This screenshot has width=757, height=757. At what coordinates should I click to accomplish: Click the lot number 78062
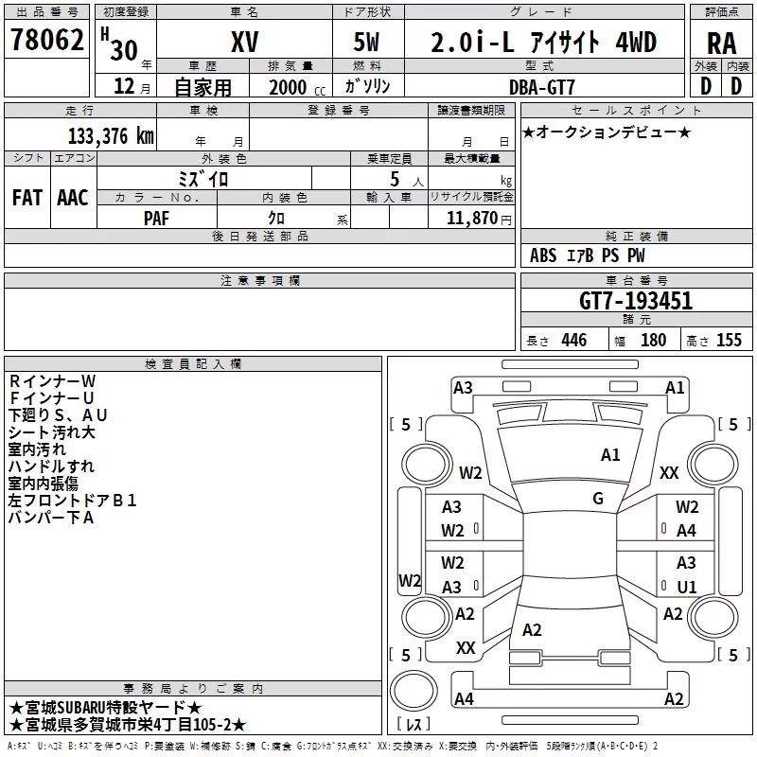pos(46,39)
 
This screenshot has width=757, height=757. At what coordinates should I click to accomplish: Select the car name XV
pos(245,42)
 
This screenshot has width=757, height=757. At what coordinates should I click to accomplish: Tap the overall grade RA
pos(722,44)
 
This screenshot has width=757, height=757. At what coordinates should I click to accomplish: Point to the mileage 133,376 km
pos(111,136)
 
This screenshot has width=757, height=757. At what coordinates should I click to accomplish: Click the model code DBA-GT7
pos(542,87)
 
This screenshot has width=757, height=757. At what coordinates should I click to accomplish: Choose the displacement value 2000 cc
pos(297,88)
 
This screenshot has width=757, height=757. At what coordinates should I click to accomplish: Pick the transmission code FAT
pos(27,198)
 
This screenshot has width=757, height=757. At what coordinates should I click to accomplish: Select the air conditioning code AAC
pos(73,198)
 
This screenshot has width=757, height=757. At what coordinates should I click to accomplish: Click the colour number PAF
pos(156,219)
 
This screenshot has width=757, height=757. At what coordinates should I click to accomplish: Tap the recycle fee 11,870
pos(472,219)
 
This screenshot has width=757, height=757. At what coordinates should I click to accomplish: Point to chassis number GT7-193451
pos(636,301)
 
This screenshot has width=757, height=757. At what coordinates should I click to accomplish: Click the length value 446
pos(574,340)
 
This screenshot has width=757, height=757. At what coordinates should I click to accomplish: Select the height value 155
pos(729,340)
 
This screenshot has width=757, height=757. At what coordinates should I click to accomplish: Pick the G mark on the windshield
pos(598,498)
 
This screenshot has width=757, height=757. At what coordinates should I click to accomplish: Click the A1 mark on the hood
pos(610,455)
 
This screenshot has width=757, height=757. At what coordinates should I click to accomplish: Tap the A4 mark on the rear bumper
pos(464,698)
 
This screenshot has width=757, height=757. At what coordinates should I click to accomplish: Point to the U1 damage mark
pos(687,587)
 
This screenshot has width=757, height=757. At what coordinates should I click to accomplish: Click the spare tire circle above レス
pos(414,690)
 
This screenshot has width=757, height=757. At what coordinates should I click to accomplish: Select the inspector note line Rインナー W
pos(52,381)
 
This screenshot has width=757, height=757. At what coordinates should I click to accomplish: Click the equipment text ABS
pos(543,255)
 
